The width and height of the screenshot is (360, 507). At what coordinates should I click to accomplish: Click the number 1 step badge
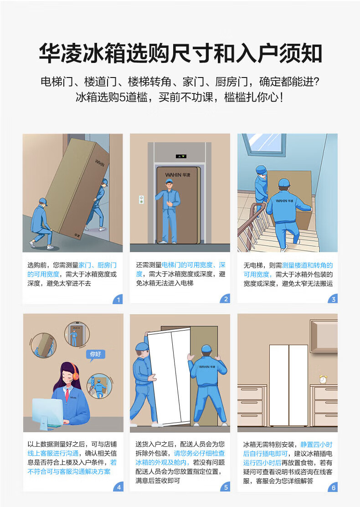pos(118,300)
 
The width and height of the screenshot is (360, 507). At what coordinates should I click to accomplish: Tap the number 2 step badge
pos(225,299)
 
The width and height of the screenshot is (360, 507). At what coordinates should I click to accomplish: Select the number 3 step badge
pos(333,299)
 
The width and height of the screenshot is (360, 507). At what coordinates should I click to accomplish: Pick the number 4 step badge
pos(118,487)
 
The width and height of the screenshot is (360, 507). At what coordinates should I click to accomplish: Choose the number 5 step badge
pos(225,487)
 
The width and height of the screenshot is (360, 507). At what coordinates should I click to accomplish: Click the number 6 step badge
pos(333,487)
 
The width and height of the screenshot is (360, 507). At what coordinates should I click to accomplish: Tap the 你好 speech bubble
pos(96,354)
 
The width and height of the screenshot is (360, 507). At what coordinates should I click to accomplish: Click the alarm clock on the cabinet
pos(323,379)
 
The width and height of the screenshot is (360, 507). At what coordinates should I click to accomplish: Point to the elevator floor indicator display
pos(181,156)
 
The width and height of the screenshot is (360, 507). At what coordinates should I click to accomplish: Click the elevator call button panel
pos(141,200)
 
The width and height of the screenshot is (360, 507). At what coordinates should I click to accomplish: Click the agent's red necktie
pos(67,395)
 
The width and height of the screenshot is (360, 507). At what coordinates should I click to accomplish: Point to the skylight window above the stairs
pos(263,143)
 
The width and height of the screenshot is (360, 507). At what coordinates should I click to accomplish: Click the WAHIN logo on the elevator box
pos(178,175)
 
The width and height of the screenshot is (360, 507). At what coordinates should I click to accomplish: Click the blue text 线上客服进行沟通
pos(53,453)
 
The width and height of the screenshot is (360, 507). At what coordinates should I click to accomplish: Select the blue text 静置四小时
pos(316,444)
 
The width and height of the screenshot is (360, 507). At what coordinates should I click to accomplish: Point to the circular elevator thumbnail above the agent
pos(77,334)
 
